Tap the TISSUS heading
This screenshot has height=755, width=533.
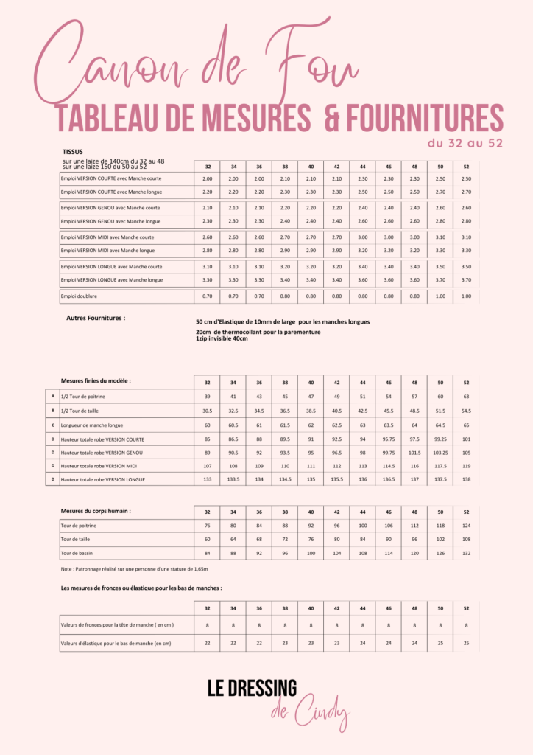73,152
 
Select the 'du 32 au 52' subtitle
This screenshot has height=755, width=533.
465,143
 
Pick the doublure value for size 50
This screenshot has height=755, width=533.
440,296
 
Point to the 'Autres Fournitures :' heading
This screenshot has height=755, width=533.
96,318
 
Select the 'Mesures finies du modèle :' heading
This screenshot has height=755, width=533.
96,381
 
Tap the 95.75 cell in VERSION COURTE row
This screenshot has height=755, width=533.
388,439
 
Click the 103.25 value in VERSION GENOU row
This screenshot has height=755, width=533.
440,453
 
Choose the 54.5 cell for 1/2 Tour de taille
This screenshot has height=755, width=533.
466,411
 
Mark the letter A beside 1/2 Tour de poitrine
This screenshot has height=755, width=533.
53,397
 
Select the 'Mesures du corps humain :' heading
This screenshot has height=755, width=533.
95,510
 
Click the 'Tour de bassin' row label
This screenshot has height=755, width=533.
77,553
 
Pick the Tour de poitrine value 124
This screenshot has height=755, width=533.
466,526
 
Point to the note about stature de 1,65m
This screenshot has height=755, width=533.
134,569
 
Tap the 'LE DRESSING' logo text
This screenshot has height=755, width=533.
252,689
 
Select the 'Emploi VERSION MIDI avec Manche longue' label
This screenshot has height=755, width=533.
107,251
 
